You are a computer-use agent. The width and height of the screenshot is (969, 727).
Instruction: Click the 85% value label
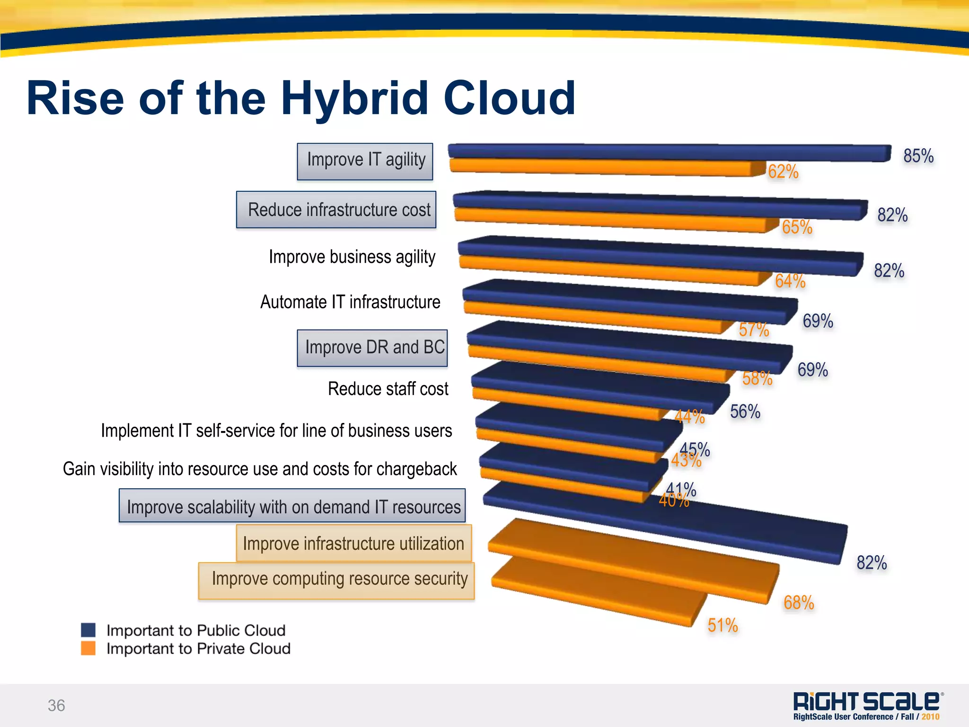[918, 156]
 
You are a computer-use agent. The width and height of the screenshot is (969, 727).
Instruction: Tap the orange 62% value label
[783, 171]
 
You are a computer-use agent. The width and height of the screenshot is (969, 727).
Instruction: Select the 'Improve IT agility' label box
[365, 162]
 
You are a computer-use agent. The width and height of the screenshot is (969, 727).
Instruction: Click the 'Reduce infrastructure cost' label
[336, 210]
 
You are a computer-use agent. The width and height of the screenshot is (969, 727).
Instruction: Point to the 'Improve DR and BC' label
[372, 348]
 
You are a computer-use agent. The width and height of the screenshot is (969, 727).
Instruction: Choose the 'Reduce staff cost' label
[388, 389]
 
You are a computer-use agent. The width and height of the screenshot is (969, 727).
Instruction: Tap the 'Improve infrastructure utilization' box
[354, 543]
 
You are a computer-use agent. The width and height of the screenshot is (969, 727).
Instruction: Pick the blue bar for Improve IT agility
[667, 152]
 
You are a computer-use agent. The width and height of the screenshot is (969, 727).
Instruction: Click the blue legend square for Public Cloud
[88, 630]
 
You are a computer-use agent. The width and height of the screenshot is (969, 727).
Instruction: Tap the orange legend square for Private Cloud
[88, 648]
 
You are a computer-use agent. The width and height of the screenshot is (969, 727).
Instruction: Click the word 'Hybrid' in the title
[355, 98]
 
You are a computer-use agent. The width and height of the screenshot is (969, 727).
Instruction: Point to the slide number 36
[56, 705]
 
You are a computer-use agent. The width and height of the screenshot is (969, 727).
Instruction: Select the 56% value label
[745, 412]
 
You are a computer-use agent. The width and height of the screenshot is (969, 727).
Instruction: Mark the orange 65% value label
[797, 227]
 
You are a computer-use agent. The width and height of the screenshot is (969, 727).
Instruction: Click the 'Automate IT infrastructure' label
[350, 302]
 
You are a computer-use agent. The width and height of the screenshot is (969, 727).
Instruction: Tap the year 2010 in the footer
[930, 717]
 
